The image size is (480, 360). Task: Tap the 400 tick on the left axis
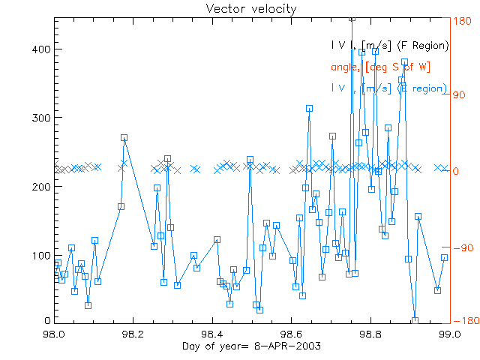41,49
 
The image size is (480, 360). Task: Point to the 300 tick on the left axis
41,118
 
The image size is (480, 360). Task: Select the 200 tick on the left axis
41,187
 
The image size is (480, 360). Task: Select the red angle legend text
380,67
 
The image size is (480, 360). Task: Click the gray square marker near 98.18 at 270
124,138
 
